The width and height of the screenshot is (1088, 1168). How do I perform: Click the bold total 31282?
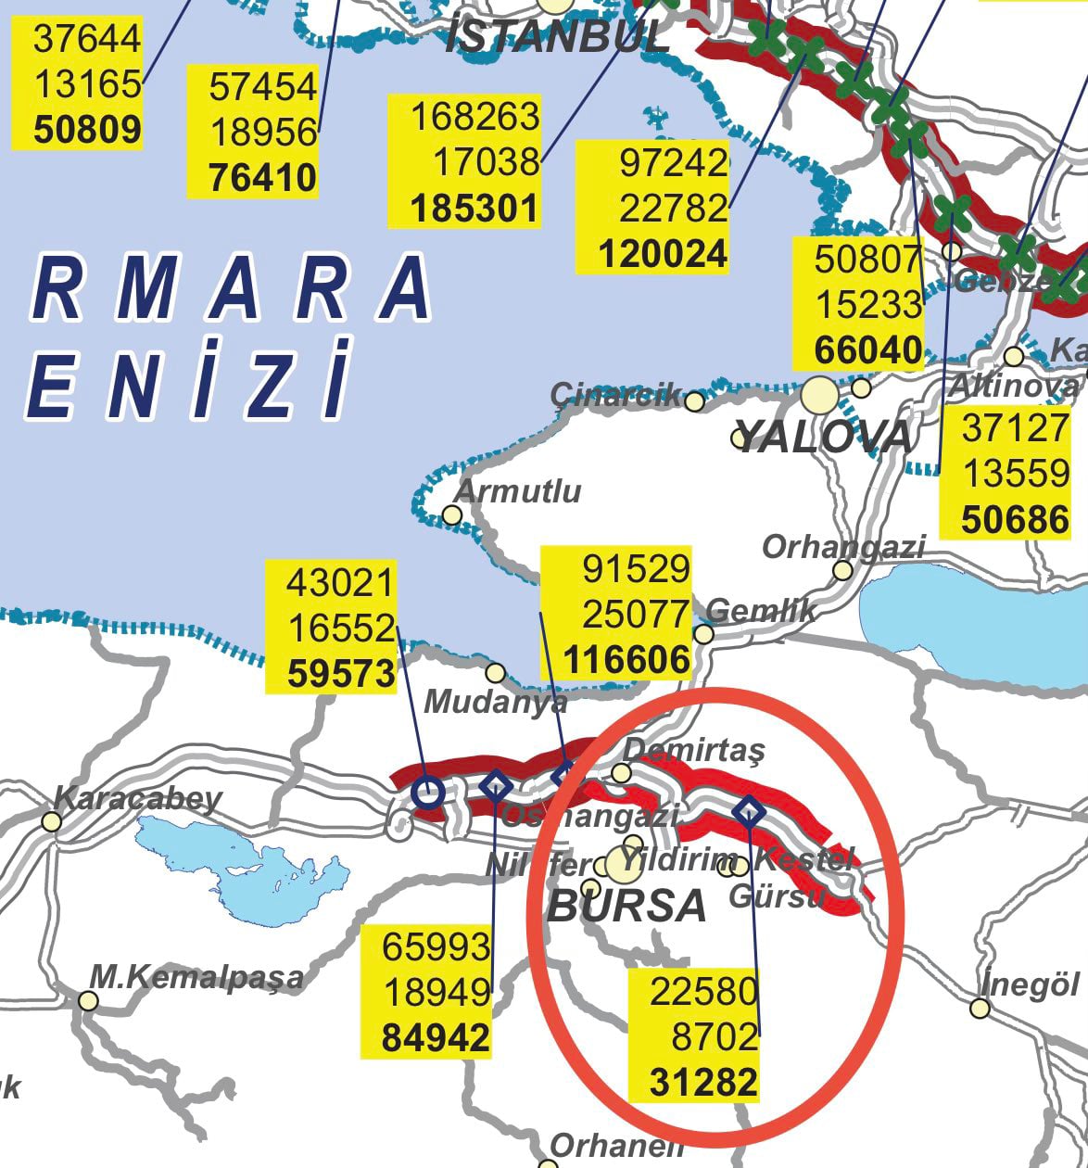[x=703, y=1082]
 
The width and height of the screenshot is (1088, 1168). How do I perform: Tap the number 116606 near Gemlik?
[x=627, y=660]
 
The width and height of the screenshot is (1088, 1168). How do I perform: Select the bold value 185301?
[x=474, y=209]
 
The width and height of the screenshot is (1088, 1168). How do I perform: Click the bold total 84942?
[x=436, y=1037]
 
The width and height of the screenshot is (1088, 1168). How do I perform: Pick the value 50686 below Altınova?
[x=1015, y=520]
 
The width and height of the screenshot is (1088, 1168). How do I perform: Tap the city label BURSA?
[x=626, y=906]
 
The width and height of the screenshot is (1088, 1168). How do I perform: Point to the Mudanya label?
[x=496, y=702]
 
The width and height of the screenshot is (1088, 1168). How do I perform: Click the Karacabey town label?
[x=138, y=798]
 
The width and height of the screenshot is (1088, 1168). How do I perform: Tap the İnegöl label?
[x=1031, y=984]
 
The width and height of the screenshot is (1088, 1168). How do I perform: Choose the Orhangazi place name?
[x=842, y=547]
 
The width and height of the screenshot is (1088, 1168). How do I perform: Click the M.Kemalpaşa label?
[x=196, y=976]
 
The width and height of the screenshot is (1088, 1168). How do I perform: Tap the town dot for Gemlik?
[x=704, y=634]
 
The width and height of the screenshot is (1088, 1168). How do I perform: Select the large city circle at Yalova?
[x=819, y=396]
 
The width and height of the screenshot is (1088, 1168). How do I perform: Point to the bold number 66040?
[x=868, y=350]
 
